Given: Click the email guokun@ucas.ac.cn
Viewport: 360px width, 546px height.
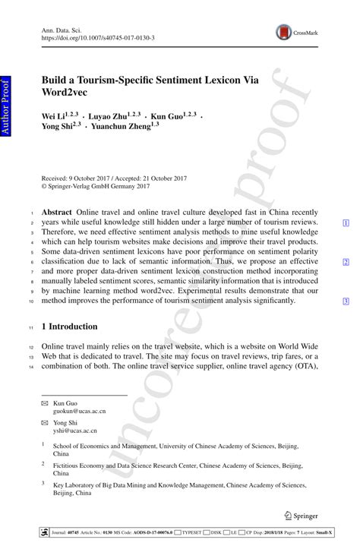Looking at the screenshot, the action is [x=84, y=411].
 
